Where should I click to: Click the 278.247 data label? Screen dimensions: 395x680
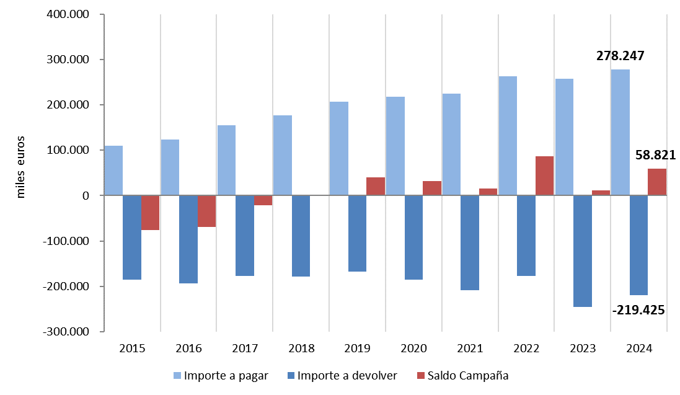[620, 56]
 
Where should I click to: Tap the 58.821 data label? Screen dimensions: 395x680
[655, 155]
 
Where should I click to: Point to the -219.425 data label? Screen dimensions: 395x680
[638, 309]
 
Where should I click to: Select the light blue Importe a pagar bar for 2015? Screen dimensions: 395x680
[113, 171]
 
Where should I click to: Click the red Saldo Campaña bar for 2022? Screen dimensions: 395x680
[545, 176]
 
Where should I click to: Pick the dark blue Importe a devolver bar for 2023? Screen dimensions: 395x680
[583, 251]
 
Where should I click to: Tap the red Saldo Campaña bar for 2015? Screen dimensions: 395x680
[150, 213]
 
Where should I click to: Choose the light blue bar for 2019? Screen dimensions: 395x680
[338, 149]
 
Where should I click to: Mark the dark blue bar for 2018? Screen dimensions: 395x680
[301, 236]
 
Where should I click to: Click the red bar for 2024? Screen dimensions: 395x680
[657, 182]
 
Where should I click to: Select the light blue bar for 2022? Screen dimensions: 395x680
[508, 136]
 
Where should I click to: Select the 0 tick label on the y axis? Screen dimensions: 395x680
[86, 196]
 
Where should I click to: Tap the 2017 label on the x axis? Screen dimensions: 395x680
[245, 348]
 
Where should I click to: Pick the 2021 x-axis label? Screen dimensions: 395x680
[470, 348]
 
